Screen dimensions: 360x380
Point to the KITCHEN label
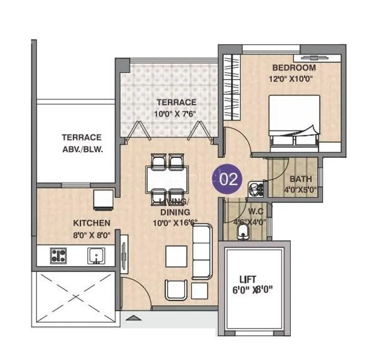[92, 223]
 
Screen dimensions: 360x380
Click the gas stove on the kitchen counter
[59, 255]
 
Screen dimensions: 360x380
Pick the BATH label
[301, 179]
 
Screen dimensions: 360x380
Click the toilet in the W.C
[242, 233]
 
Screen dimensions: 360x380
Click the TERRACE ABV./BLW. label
[82, 143]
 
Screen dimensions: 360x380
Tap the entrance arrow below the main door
[134, 318]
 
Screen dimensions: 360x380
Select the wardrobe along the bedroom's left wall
[229, 88]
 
